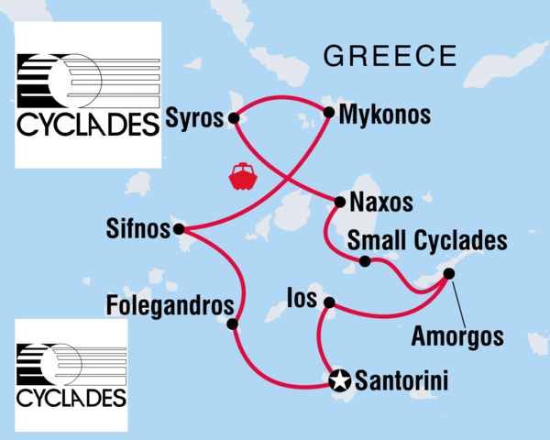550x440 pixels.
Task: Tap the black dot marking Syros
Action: pyautogui.click(x=234, y=117)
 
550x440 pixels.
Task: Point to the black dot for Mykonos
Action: pyautogui.click(x=329, y=113)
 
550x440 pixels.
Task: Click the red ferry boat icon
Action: pyautogui.click(x=243, y=176)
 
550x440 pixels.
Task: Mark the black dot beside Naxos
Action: pyautogui.click(x=340, y=202)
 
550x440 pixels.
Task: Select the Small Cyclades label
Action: pyautogui.click(x=428, y=241)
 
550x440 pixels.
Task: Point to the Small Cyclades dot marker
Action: pyautogui.click(x=365, y=262)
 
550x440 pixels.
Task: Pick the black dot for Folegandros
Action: pyautogui.click(x=232, y=324)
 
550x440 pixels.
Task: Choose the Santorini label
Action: pyautogui.click(x=402, y=379)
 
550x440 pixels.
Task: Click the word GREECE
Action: pyautogui.click(x=390, y=57)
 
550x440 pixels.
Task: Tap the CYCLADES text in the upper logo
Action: pyautogui.click(x=87, y=123)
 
